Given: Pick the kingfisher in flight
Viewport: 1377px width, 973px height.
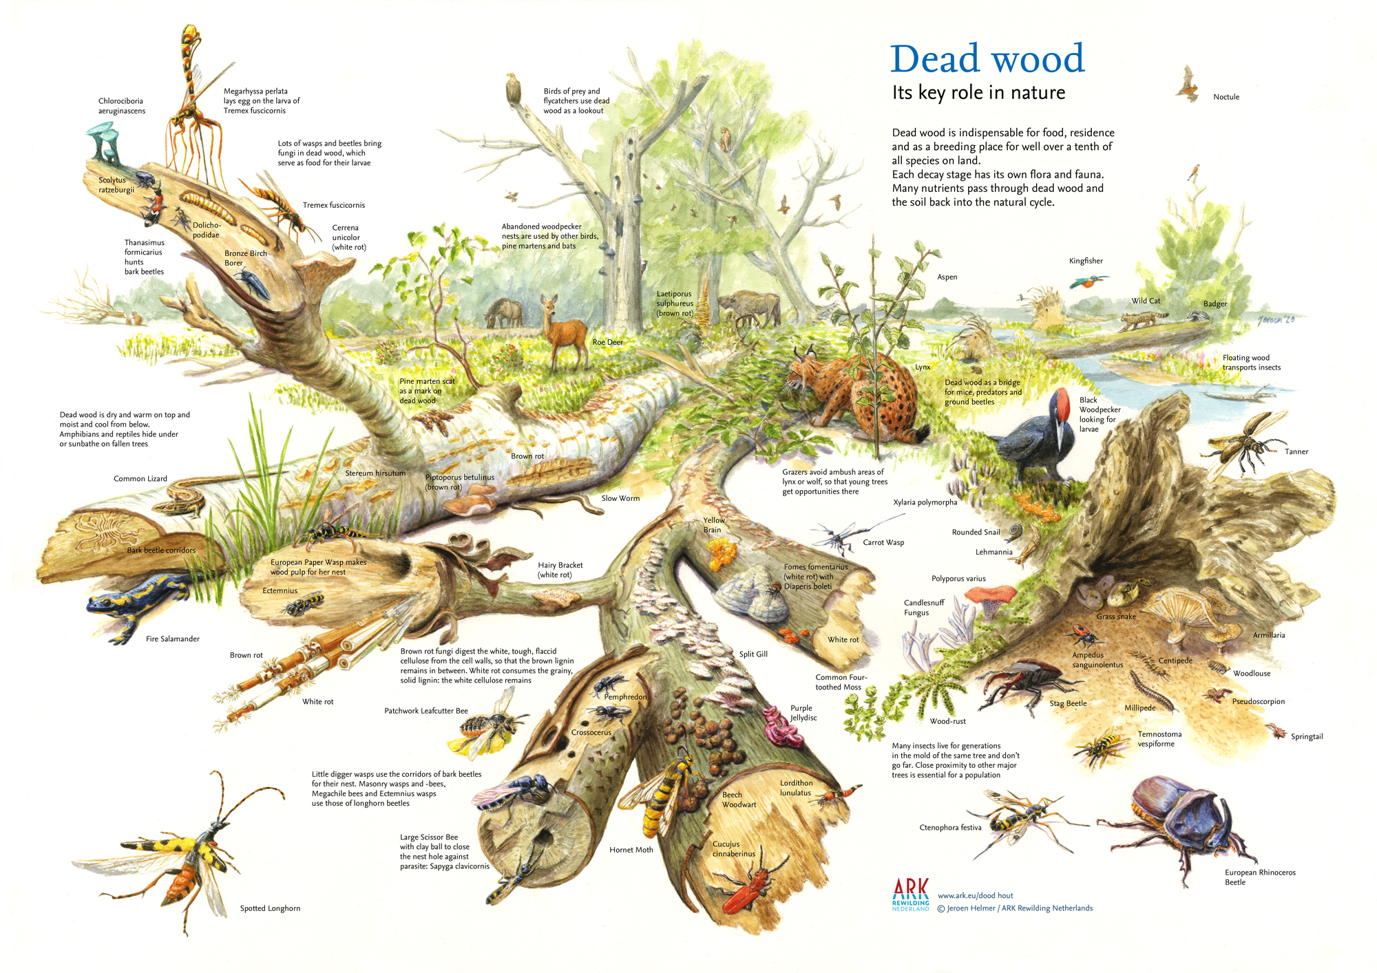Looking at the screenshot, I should click(1086, 281).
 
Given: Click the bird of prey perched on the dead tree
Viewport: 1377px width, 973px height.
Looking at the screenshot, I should click(512, 89).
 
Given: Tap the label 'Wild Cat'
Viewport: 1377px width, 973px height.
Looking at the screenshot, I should click(1146, 301).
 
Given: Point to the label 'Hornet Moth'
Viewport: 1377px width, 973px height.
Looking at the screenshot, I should click(631, 850).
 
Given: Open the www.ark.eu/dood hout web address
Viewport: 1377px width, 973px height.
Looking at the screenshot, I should click(975, 895).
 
